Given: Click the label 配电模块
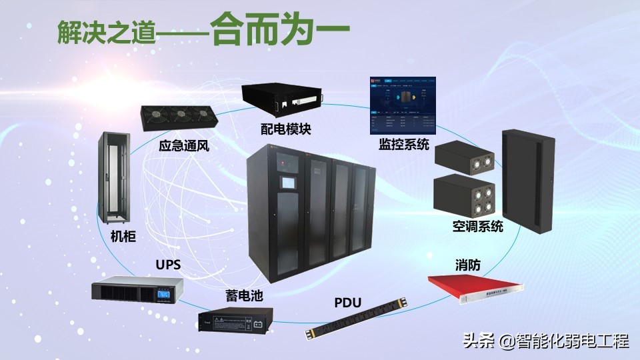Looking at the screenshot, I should click(x=286, y=129).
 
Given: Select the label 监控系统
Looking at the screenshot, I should click(x=404, y=145).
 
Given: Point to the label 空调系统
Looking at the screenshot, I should click(x=477, y=227).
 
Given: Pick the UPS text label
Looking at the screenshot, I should click(x=168, y=265).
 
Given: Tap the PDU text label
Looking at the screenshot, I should click(x=347, y=303).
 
